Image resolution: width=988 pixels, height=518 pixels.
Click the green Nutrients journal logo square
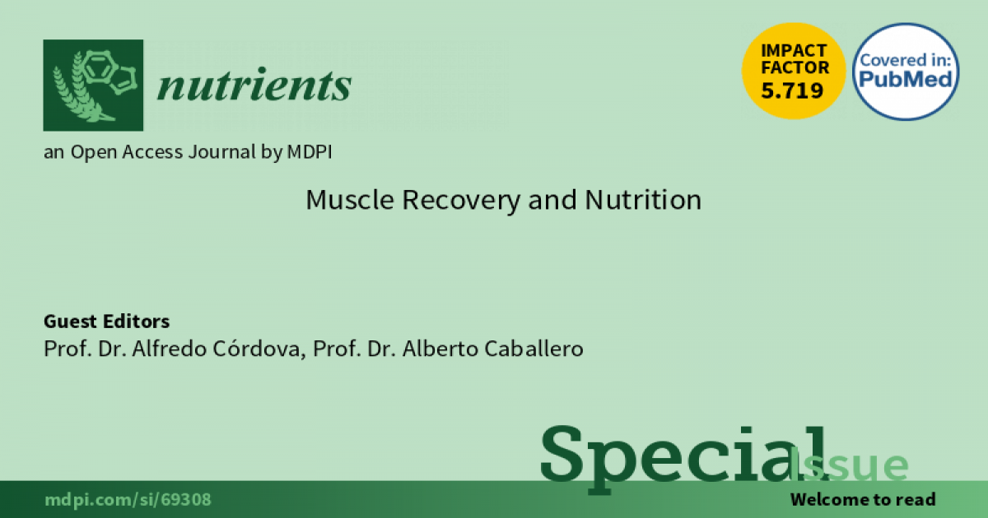(x=93, y=85)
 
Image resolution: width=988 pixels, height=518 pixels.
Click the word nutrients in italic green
(x=254, y=85)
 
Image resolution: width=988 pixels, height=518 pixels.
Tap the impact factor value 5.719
(x=792, y=90)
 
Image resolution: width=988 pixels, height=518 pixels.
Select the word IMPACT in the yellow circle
(x=794, y=51)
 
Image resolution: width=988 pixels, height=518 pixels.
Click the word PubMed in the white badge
(x=906, y=79)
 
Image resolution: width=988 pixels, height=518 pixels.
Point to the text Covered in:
(x=905, y=60)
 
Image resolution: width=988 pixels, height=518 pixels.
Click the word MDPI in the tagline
(x=310, y=152)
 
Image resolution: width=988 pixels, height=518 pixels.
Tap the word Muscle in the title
(x=350, y=200)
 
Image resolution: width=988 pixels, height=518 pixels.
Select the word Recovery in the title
(x=461, y=201)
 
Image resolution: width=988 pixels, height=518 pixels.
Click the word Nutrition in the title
(x=643, y=200)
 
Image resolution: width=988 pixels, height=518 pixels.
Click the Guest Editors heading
(x=106, y=321)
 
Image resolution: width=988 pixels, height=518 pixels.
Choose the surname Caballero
(x=534, y=349)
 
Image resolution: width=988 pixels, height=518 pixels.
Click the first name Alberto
(x=440, y=349)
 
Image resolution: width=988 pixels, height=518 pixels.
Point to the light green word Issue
(x=849, y=465)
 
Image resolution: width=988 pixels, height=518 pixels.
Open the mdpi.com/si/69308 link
(x=128, y=500)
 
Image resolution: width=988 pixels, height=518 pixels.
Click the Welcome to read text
(x=863, y=500)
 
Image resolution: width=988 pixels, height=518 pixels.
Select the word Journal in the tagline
(x=221, y=152)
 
